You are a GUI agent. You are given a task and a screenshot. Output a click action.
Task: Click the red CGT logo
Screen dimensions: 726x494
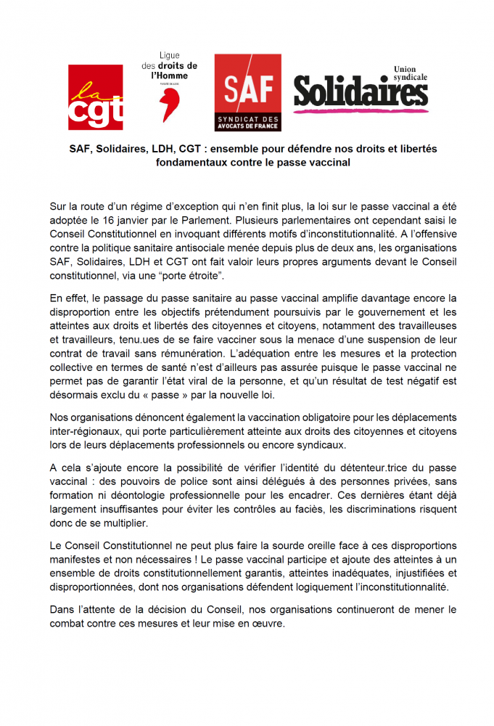coord(95,97)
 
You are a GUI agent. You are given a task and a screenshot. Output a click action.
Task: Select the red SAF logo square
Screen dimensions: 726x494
coord(247,83)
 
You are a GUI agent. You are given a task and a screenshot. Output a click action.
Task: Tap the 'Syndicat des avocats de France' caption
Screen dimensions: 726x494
coord(247,121)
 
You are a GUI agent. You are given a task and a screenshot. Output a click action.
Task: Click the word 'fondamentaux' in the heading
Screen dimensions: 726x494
coord(191,163)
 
